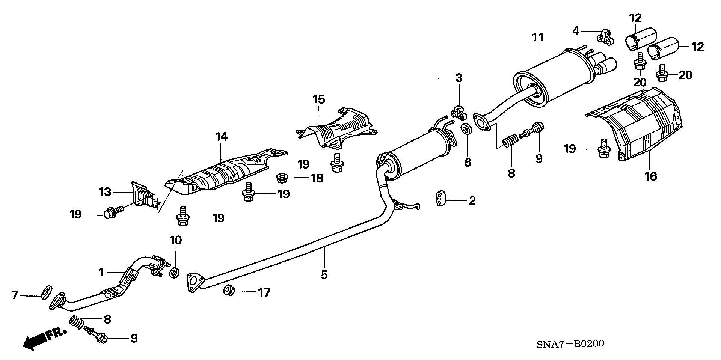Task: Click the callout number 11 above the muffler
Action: pos(538,38)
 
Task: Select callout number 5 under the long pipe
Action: pos(324,275)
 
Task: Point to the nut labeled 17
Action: pos(229,291)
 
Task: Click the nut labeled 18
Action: pos(282,178)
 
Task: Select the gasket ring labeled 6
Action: pos(466,130)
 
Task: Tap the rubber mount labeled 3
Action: pos(459,112)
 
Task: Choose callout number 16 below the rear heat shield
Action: pos(651,176)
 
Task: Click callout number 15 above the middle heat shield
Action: pos(318,100)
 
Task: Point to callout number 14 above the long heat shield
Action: pos(221,137)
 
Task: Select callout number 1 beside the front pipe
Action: pos(101,272)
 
